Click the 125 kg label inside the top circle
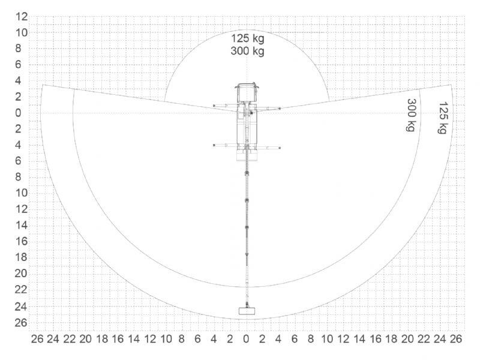pos(247,38)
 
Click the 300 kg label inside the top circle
pos(247,51)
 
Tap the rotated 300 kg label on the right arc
pos(412,115)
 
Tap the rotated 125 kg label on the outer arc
pos(443,118)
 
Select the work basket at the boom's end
pos(247,311)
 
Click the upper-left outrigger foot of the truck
pos(214,106)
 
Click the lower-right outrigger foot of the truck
pos(280,148)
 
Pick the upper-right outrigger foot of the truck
pos(280,109)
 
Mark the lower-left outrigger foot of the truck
pos(214,145)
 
